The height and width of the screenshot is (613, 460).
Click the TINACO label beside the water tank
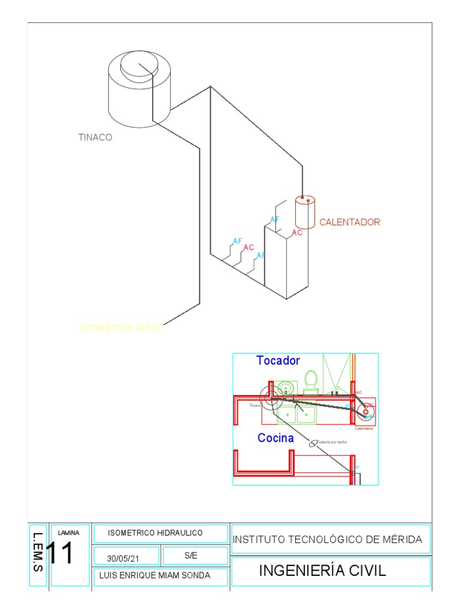[95, 137]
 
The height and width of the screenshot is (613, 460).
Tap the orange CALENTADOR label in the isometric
[350, 222]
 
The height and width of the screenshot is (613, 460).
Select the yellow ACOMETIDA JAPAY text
[120, 328]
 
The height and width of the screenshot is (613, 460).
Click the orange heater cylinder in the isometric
[305, 213]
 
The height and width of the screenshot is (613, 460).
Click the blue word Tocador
[278, 360]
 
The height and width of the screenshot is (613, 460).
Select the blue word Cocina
[276, 438]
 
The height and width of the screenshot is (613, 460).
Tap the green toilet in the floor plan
[310, 380]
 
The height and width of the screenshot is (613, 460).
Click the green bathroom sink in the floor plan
[287, 388]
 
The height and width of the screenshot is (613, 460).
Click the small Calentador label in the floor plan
[364, 429]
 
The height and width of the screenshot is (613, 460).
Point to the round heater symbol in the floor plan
[365, 411]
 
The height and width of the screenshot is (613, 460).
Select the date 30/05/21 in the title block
[123, 558]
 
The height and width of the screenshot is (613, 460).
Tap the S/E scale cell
[191, 556]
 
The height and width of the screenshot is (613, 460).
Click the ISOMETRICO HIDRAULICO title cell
[155, 533]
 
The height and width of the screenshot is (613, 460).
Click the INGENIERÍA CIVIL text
[322, 571]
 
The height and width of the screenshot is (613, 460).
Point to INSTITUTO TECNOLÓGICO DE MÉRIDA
[327, 539]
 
